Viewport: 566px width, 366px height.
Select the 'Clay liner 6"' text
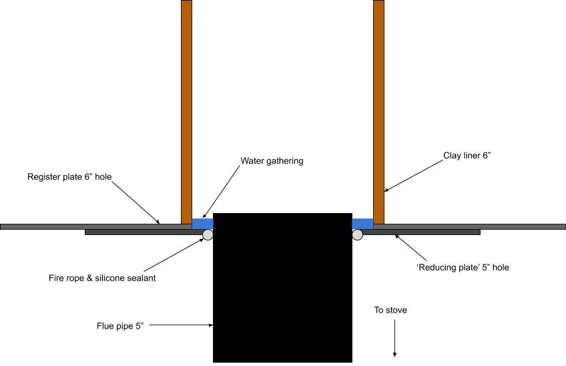[467, 156]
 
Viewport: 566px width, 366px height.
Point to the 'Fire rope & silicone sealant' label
[102, 278]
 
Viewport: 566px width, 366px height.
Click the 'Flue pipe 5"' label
[120, 326]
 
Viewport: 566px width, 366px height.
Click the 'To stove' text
[390, 310]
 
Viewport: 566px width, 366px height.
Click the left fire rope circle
[208, 234]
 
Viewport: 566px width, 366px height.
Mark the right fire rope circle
[358, 234]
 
